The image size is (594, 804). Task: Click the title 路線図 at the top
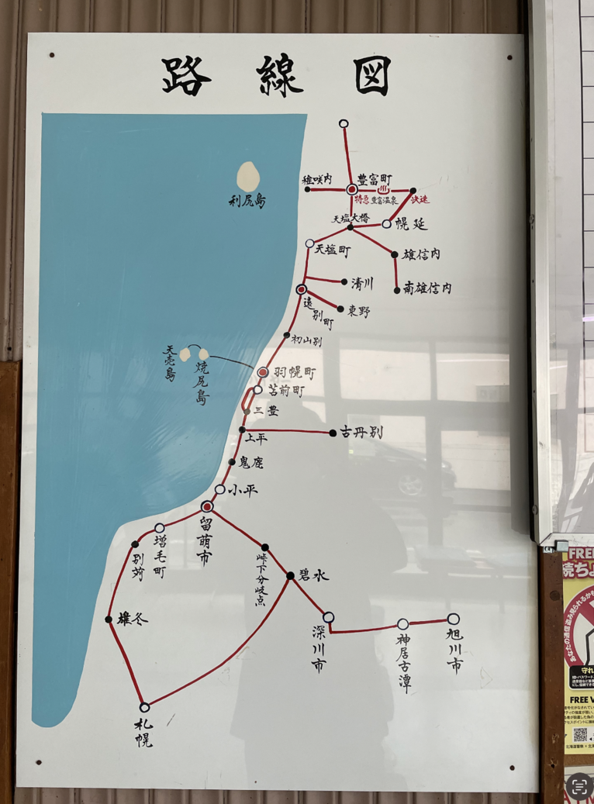(x=277, y=75)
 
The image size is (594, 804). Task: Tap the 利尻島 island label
(x=247, y=201)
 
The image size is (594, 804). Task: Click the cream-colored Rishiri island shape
(x=247, y=177)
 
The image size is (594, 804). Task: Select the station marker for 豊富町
(x=351, y=188)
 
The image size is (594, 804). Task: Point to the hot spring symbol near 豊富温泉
(x=382, y=189)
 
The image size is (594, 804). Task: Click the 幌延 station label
(x=411, y=224)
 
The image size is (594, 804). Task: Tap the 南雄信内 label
(x=427, y=288)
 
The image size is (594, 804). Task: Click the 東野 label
(x=359, y=311)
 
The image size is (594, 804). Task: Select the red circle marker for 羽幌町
(x=263, y=372)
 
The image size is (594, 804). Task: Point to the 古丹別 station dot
(x=333, y=433)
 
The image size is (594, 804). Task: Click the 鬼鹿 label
(x=251, y=462)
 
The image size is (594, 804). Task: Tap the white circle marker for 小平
(x=220, y=489)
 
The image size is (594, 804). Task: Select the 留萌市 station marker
(x=207, y=506)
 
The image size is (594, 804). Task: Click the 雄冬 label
(x=132, y=619)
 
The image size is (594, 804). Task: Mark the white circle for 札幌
(x=144, y=707)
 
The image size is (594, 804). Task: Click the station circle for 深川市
(x=329, y=617)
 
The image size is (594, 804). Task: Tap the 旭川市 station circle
(x=454, y=619)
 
